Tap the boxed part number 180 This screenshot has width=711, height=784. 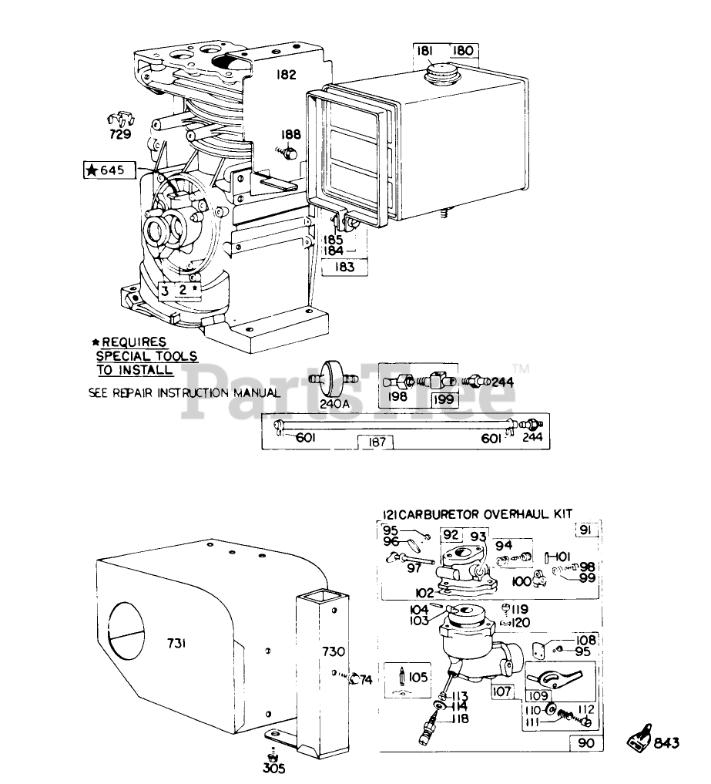pos(462,51)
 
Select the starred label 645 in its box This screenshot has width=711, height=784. pos(109,170)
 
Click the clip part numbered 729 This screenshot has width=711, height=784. pos(121,120)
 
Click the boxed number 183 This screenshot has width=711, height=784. pos(344,267)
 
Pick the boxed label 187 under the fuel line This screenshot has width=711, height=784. pos(376,442)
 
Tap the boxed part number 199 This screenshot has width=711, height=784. pos(443,399)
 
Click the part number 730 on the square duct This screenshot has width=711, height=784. pos(334,651)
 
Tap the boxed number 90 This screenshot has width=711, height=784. pos(586,743)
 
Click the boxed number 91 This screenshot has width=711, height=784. pos(585,530)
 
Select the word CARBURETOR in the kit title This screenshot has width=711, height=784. pos(439,514)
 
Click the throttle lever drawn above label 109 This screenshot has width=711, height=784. pos(554,678)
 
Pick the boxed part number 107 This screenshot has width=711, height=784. pos(501,691)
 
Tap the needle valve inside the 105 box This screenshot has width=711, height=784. pos(401,677)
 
